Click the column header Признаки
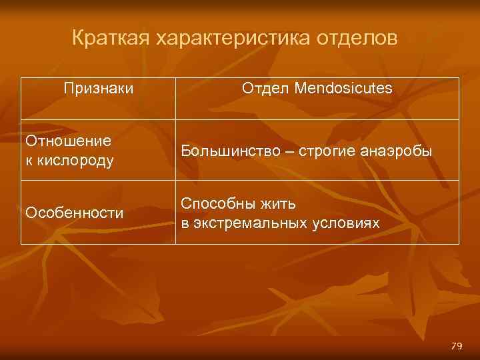tap(98, 88)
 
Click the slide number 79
tap(457, 345)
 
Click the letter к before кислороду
tap(29, 161)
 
